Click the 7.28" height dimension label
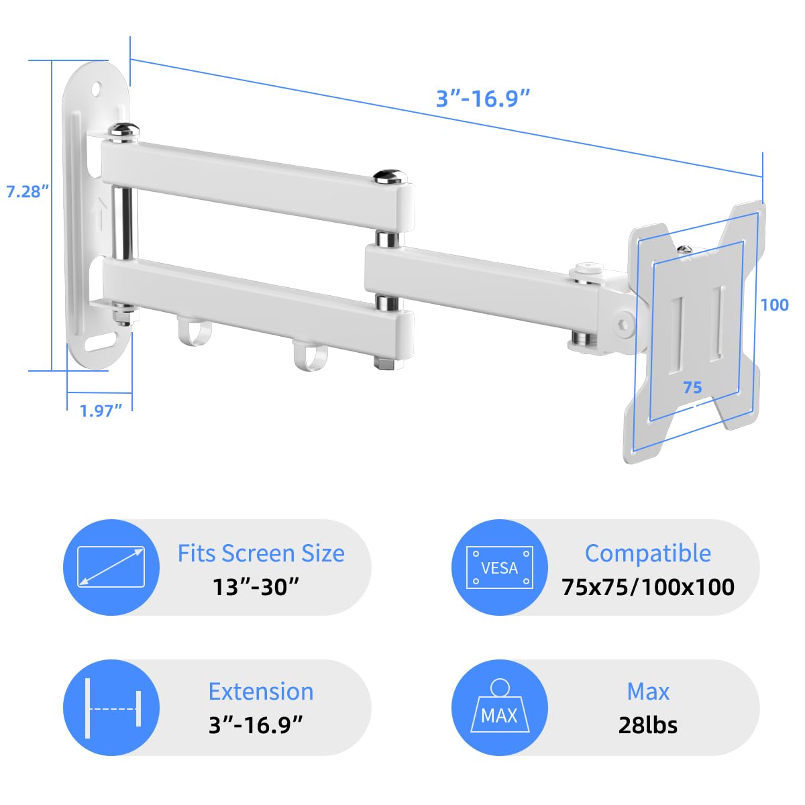[x=28, y=191]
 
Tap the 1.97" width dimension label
[x=101, y=411]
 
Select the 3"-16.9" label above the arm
[x=483, y=99]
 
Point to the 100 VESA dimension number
[x=774, y=305]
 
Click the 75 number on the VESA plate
[x=692, y=387]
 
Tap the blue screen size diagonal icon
[x=111, y=568]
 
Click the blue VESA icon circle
[x=500, y=568]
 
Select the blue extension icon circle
[x=111, y=708]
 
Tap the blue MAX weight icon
[x=500, y=708]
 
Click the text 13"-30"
[x=256, y=587]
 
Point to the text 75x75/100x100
[x=648, y=587]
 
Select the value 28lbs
[x=648, y=725]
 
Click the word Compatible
[x=648, y=553]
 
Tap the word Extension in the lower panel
[x=261, y=692]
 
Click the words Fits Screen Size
[x=261, y=553]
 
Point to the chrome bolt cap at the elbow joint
[x=390, y=178]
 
